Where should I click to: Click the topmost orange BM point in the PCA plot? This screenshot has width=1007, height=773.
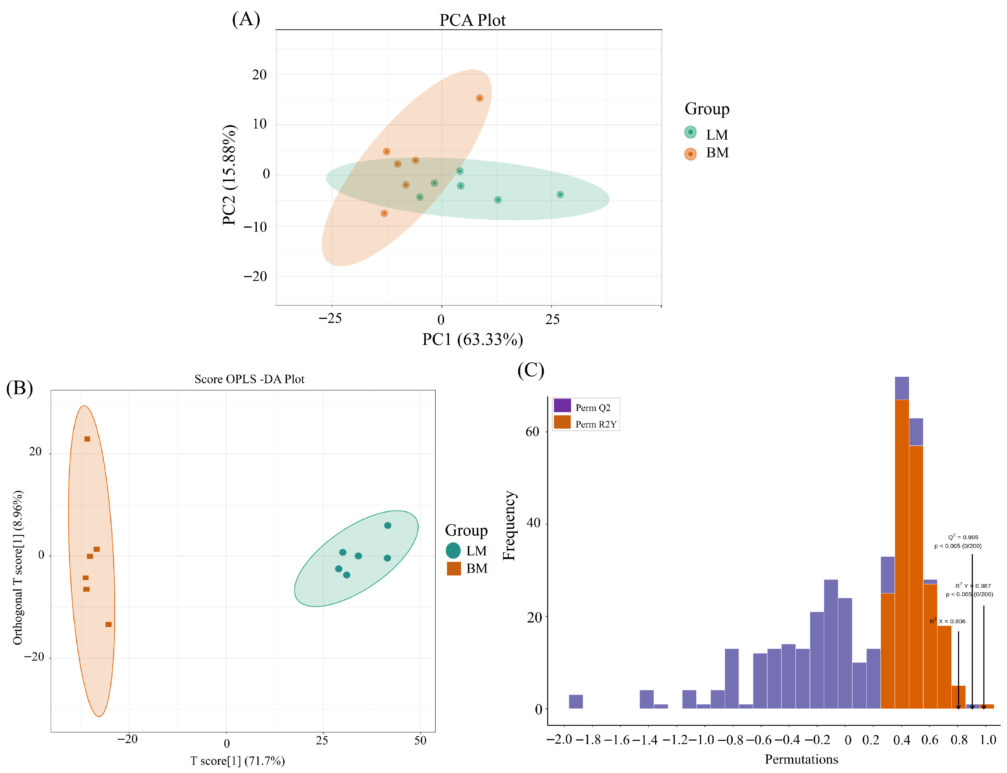(x=479, y=98)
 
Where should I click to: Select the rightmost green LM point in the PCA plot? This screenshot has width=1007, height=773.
(x=560, y=195)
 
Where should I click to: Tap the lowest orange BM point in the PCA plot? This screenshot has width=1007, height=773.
(x=384, y=213)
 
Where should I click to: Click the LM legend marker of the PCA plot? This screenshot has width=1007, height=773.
(x=690, y=133)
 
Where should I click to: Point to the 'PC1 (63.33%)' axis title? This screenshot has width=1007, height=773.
(x=472, y=339)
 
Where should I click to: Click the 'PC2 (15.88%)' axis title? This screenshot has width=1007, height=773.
(x=229, y=175)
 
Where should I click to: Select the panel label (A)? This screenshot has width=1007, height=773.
(x=246, y=19)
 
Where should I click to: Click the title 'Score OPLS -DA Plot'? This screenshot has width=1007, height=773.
(x=249, y=379)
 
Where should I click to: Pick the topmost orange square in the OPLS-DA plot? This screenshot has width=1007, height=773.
(x=87, y=439)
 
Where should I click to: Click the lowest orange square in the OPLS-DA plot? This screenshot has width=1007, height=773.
(x=108, y=624)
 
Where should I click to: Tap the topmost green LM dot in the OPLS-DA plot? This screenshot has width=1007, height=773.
(x=388, y=525)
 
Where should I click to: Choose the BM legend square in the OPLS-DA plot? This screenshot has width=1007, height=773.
(x=454, y=569)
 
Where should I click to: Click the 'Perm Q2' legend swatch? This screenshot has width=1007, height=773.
(x=562, y=405)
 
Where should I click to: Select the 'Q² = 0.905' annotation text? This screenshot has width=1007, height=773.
(x=963, y=537)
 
